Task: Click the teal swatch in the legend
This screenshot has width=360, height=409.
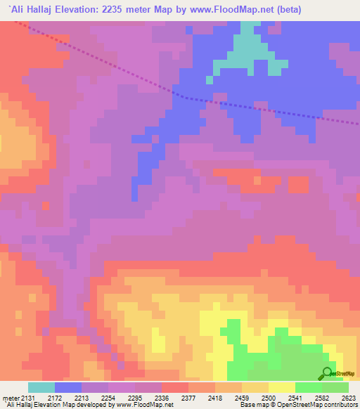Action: [41, 387]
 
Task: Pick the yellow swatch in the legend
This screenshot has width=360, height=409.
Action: [281, 387]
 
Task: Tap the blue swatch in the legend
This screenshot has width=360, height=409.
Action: [68, 387]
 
